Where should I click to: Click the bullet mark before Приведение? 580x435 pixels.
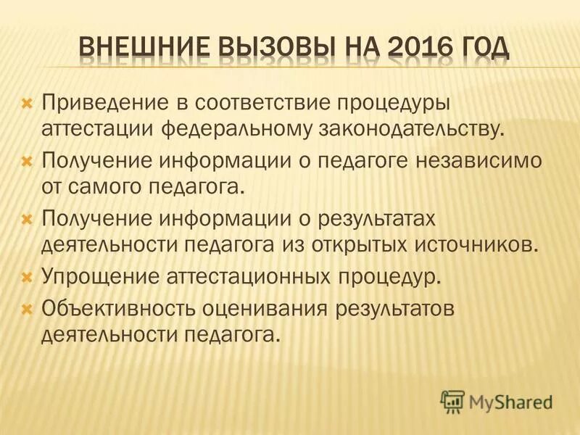(28, 104)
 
